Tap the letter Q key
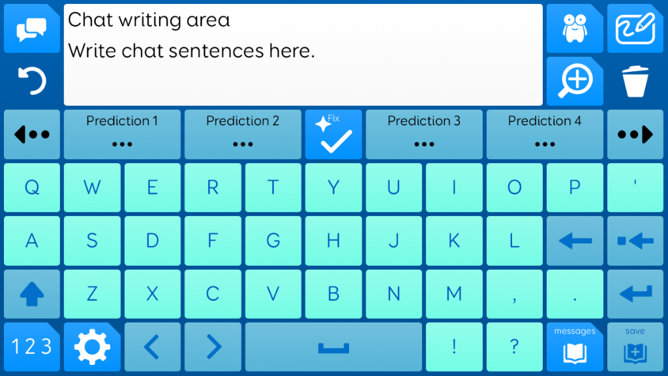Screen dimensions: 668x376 click(32, 187)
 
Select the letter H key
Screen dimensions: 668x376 click(333, 240)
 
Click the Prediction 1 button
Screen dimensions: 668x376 click(122, 134)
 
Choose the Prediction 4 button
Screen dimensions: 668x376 click(545, 134)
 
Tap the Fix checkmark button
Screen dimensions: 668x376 click(333, 134)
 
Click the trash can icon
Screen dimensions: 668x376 click(635, 81)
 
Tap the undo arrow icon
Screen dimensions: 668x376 click(32, 80)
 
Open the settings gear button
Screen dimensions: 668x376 click(92, 347)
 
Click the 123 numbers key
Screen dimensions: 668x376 click(32, 347)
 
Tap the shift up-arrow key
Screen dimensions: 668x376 click(32, 294)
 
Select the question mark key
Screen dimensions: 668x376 click(515, 347)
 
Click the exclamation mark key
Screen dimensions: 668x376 click(454, 347)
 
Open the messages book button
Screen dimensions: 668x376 click(575, 347)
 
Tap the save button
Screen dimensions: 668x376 click(635, 347)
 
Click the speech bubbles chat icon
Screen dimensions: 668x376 click(32, 29)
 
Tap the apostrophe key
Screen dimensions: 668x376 click(635, 187)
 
